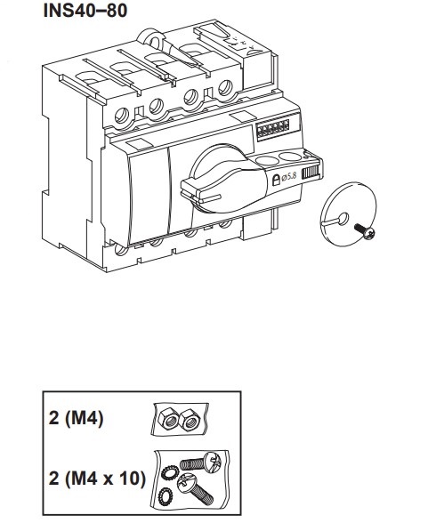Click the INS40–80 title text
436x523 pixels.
point(85,11)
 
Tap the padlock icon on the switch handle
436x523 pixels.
point(276,180)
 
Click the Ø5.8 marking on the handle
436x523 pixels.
point(289,177)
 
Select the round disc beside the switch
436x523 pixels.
point(348,214)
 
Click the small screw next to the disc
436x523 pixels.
point(365,231)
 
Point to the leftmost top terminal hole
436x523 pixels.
point(121,116)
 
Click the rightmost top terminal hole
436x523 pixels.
point(225,88)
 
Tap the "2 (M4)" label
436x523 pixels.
point(76,418)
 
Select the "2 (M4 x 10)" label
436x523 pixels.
point(97,479)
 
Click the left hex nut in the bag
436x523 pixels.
point(169,419)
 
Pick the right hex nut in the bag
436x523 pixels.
point(190,419)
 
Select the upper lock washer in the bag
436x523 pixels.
point(168,472)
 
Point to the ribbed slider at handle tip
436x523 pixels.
point(311,173)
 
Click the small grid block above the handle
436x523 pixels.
point(273,126)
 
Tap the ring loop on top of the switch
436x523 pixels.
point(152,39)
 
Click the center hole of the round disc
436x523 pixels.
point(343,219)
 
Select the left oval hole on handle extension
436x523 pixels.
point(267,161)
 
